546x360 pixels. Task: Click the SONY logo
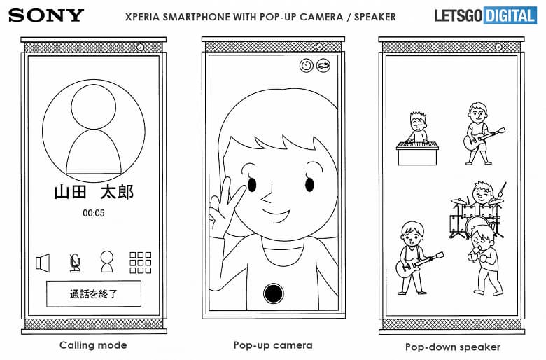[46, 15]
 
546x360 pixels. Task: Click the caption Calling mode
[93, 345]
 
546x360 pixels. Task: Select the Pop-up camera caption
[273, 345]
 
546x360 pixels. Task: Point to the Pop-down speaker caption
[453, 346]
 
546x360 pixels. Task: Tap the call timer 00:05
[94, 212]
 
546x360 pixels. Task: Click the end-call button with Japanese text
[94, 294]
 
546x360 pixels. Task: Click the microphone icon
[75, 263]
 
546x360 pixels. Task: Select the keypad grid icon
[141, 262]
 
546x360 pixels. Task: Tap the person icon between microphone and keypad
[106, 262]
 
